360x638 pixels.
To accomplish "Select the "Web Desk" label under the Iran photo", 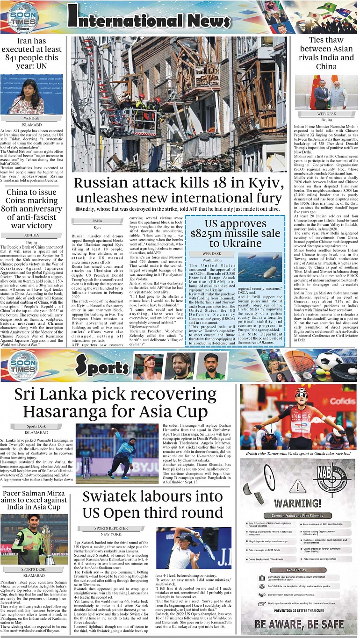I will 31,118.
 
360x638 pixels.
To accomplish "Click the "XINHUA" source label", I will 31,236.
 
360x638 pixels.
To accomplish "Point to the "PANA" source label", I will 97,220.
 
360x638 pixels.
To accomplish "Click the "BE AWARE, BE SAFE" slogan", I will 298,624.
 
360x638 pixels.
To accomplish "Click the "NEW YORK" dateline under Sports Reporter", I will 111,534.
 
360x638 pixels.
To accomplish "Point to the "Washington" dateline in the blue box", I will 212,260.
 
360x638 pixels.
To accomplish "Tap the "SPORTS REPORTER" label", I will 111,528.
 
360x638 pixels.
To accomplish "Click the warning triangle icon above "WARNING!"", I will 297,487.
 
